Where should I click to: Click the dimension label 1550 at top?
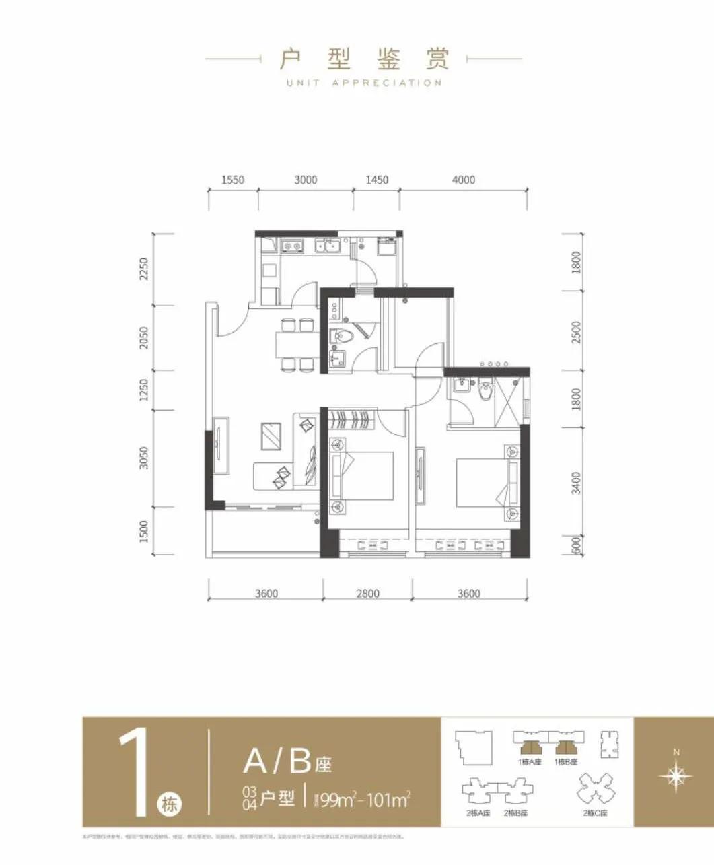[x=232, y=180]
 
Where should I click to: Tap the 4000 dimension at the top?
[x=463, y=180]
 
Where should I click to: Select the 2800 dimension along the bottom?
[x=367, y=594]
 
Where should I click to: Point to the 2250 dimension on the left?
[x=143, y=269]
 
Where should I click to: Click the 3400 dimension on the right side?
[x=575, y=483]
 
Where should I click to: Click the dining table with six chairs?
[x=297, y=345]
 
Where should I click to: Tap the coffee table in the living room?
[x=271, y=436]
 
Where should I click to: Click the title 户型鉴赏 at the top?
[x=364, y=59]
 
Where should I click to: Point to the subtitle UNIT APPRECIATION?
[x=364, y=83]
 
